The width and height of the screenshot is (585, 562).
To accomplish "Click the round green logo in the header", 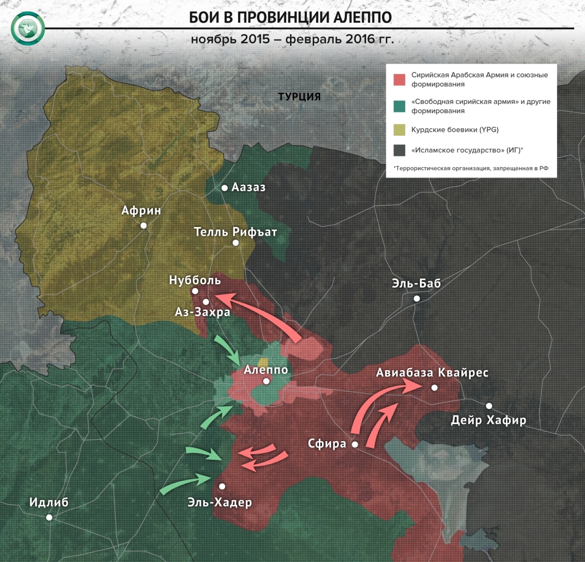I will pyautogui.click(x=28, y=28).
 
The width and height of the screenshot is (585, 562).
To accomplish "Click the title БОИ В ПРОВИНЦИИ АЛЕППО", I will pyautogui.click(x=290, y=17).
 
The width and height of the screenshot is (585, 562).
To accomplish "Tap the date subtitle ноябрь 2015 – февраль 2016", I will pyautogui.click(x=292, y=39).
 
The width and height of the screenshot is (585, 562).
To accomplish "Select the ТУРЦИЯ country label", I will pyautogui.click(x=299, y=97).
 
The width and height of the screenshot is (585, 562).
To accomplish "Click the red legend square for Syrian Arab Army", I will pyautogui.click(x=399, y=79).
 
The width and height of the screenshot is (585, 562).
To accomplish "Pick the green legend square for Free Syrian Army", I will pyautogui.click(x=399, y=106).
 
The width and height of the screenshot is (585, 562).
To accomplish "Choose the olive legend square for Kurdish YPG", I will pyautogui.click(x=399, y=130).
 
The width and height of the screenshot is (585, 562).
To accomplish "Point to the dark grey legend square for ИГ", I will pyautogui.click(x=399, y=150).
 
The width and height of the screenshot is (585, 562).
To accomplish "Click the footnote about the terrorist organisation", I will pyautogui.click(x=471, y=168).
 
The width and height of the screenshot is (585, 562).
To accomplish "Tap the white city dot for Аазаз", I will pyautogui.click(x=225, y=188).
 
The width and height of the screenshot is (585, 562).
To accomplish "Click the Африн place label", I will pyautogui.click(x=141, y=210).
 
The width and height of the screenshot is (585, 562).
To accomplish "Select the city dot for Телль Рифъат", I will pyautogui.click(x=235, y=243).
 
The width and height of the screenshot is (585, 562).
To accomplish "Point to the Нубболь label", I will pyautogui.click(x=195, y=280).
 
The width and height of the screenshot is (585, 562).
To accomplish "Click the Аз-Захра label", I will pyautogui.click(x=202, y=312).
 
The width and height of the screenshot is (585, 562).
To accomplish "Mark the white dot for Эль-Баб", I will pyautogui.click(x=417, y=299).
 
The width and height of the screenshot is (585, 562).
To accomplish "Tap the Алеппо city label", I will pyautogui.click(x=266, y=369).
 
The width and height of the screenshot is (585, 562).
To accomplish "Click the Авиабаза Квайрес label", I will pyautogui.click(x=432, y=373).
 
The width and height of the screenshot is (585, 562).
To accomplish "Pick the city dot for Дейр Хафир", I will pyautogui.click(x=489, y=406).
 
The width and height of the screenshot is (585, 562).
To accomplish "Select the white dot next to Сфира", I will pyautogui.click(x=355, y=445).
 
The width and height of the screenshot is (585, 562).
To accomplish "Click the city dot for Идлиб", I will pyautogui.click(x=49, y=518).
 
